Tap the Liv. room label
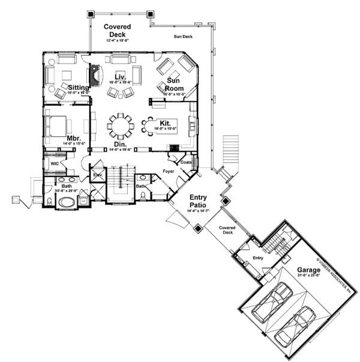[x=119, y=76]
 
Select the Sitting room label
[x=79, y=87]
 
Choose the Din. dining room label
[x=120, y=145]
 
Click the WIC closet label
[x=53, y=163]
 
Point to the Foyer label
[x=169, y=171]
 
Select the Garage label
[x=307, y=271]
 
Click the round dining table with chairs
[x=121, y=125]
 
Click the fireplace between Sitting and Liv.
[x=95, y=76]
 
